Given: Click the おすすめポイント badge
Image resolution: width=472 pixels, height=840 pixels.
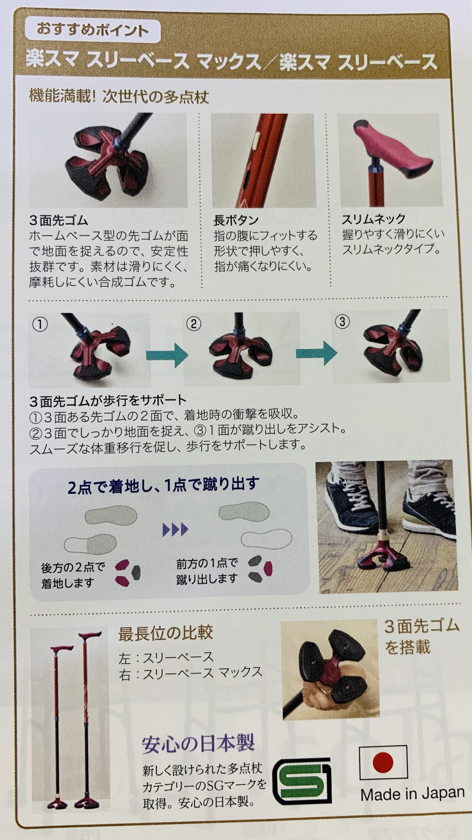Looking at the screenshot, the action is pyautogui.click(x=92, y=31).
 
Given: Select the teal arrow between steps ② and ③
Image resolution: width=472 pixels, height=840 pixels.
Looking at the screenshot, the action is pyautogui.click(x=316, y=353).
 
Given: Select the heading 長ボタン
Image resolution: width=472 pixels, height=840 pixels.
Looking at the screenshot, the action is pyautogui.click(x=236, y=220).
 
